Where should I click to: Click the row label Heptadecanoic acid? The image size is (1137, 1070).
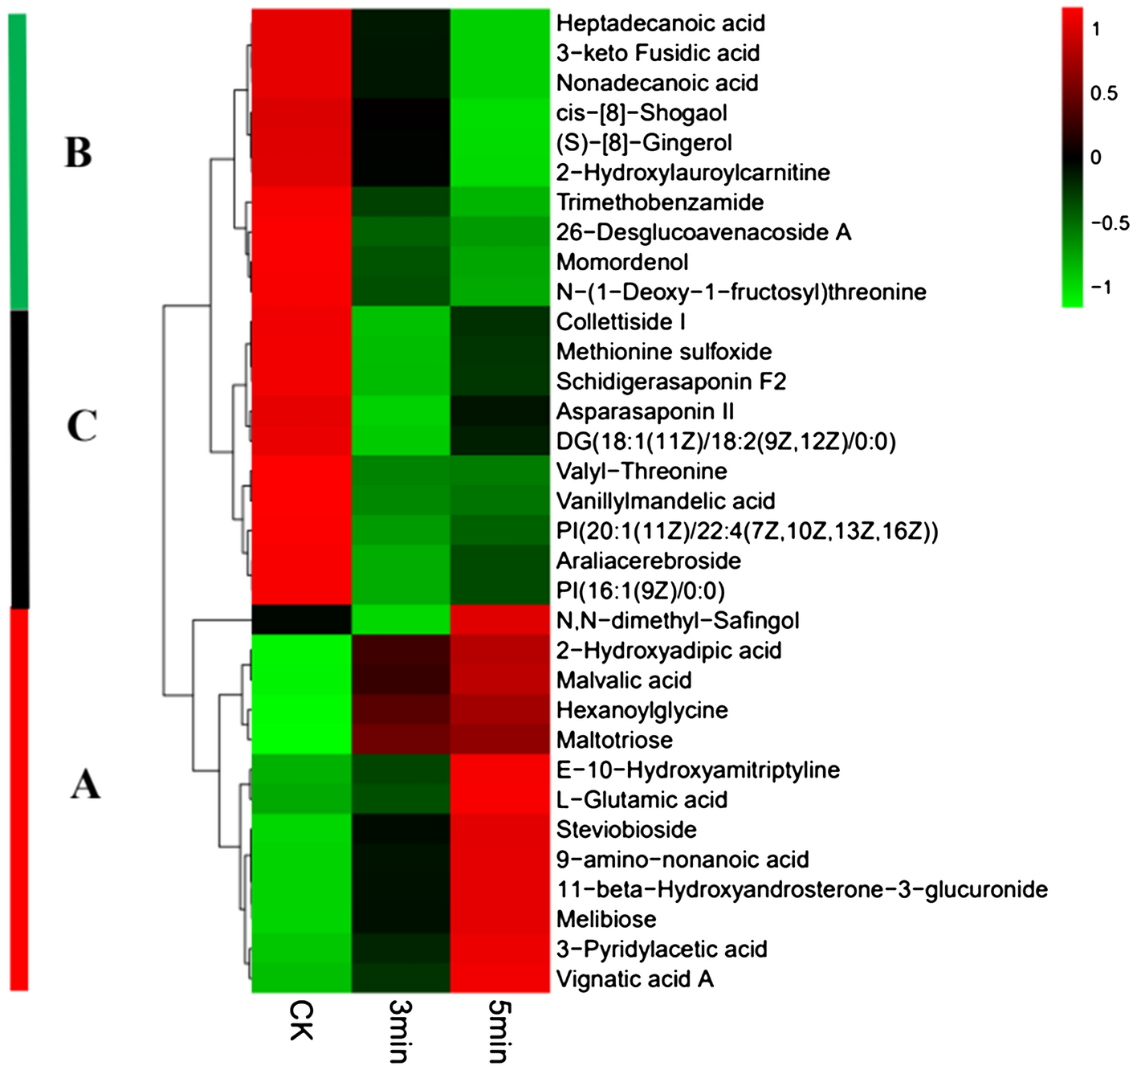(x=660, y=23)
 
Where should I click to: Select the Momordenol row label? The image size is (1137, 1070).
(x=622, y=262)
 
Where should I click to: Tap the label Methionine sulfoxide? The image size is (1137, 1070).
(x=663, y=352)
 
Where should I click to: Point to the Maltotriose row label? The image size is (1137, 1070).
(x=614, y=740)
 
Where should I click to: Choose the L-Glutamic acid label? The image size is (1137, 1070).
(x=642, y=800)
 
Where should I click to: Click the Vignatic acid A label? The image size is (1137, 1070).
(x=634, y=979)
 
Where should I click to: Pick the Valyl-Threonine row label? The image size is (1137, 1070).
(x=642, y=472)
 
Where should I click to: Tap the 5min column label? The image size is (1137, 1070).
(x=499, y=1031)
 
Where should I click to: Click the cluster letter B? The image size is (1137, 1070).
(x=78, y=152)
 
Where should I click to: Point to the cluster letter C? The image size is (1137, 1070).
(x=82, y=426)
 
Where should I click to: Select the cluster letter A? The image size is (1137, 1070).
(x=85, y=784)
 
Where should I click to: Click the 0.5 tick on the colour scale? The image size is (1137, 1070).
(x=1103, y=94)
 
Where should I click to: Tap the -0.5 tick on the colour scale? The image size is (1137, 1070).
(x=1110, y=223)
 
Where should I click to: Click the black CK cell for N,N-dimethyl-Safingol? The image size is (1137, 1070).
(x=301, y=620)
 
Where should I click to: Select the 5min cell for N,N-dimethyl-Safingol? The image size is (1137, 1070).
(x=499, y=620)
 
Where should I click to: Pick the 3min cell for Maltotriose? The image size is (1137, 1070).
(x=400, y=740)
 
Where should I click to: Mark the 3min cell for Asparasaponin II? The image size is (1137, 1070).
(x=400, y=411)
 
